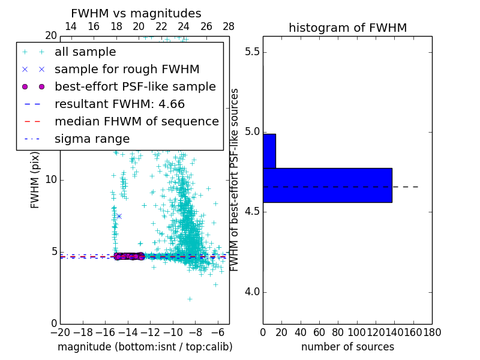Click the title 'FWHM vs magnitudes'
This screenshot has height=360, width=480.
136,13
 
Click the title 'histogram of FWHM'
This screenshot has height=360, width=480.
347,28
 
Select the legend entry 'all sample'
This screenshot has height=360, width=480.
85,52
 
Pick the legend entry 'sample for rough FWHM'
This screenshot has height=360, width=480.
127,70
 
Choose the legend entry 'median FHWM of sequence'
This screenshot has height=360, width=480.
136,122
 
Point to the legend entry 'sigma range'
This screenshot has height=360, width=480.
92,139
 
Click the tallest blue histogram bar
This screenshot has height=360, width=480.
328,185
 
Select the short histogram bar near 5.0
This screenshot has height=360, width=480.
269,151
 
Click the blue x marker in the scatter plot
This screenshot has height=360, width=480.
119,216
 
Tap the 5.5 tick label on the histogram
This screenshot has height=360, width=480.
252,52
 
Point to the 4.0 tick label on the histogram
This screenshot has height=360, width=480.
252,292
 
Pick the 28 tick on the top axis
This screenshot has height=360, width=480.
229,27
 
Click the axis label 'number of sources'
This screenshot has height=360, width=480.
347,347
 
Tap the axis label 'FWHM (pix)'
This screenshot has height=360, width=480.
35,179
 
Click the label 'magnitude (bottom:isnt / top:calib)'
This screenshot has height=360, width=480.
145,347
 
